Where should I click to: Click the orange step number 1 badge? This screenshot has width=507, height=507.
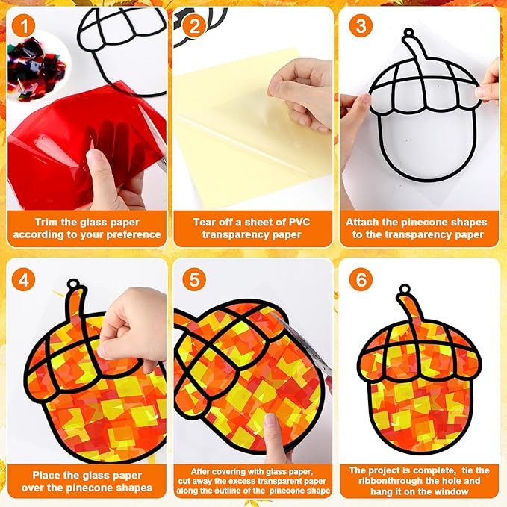coord(23,26)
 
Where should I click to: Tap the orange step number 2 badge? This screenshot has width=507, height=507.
coord(194,26)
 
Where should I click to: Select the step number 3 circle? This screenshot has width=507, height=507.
coord(361,26)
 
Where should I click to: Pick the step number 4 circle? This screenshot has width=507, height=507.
coord(23,280)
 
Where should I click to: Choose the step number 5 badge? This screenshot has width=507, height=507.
coord(194,280)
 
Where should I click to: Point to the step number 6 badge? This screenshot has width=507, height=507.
coord(361,280)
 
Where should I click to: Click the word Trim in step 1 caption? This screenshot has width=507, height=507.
coord(46,222)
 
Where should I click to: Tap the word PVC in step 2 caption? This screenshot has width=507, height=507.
coord(299,222)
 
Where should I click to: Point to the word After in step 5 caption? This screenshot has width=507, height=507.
coord(201,471)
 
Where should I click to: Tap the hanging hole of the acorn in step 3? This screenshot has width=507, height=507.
coord(409,33)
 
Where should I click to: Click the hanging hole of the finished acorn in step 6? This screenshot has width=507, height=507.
coord(405,289)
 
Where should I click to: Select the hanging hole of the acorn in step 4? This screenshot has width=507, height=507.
coord(73,284)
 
